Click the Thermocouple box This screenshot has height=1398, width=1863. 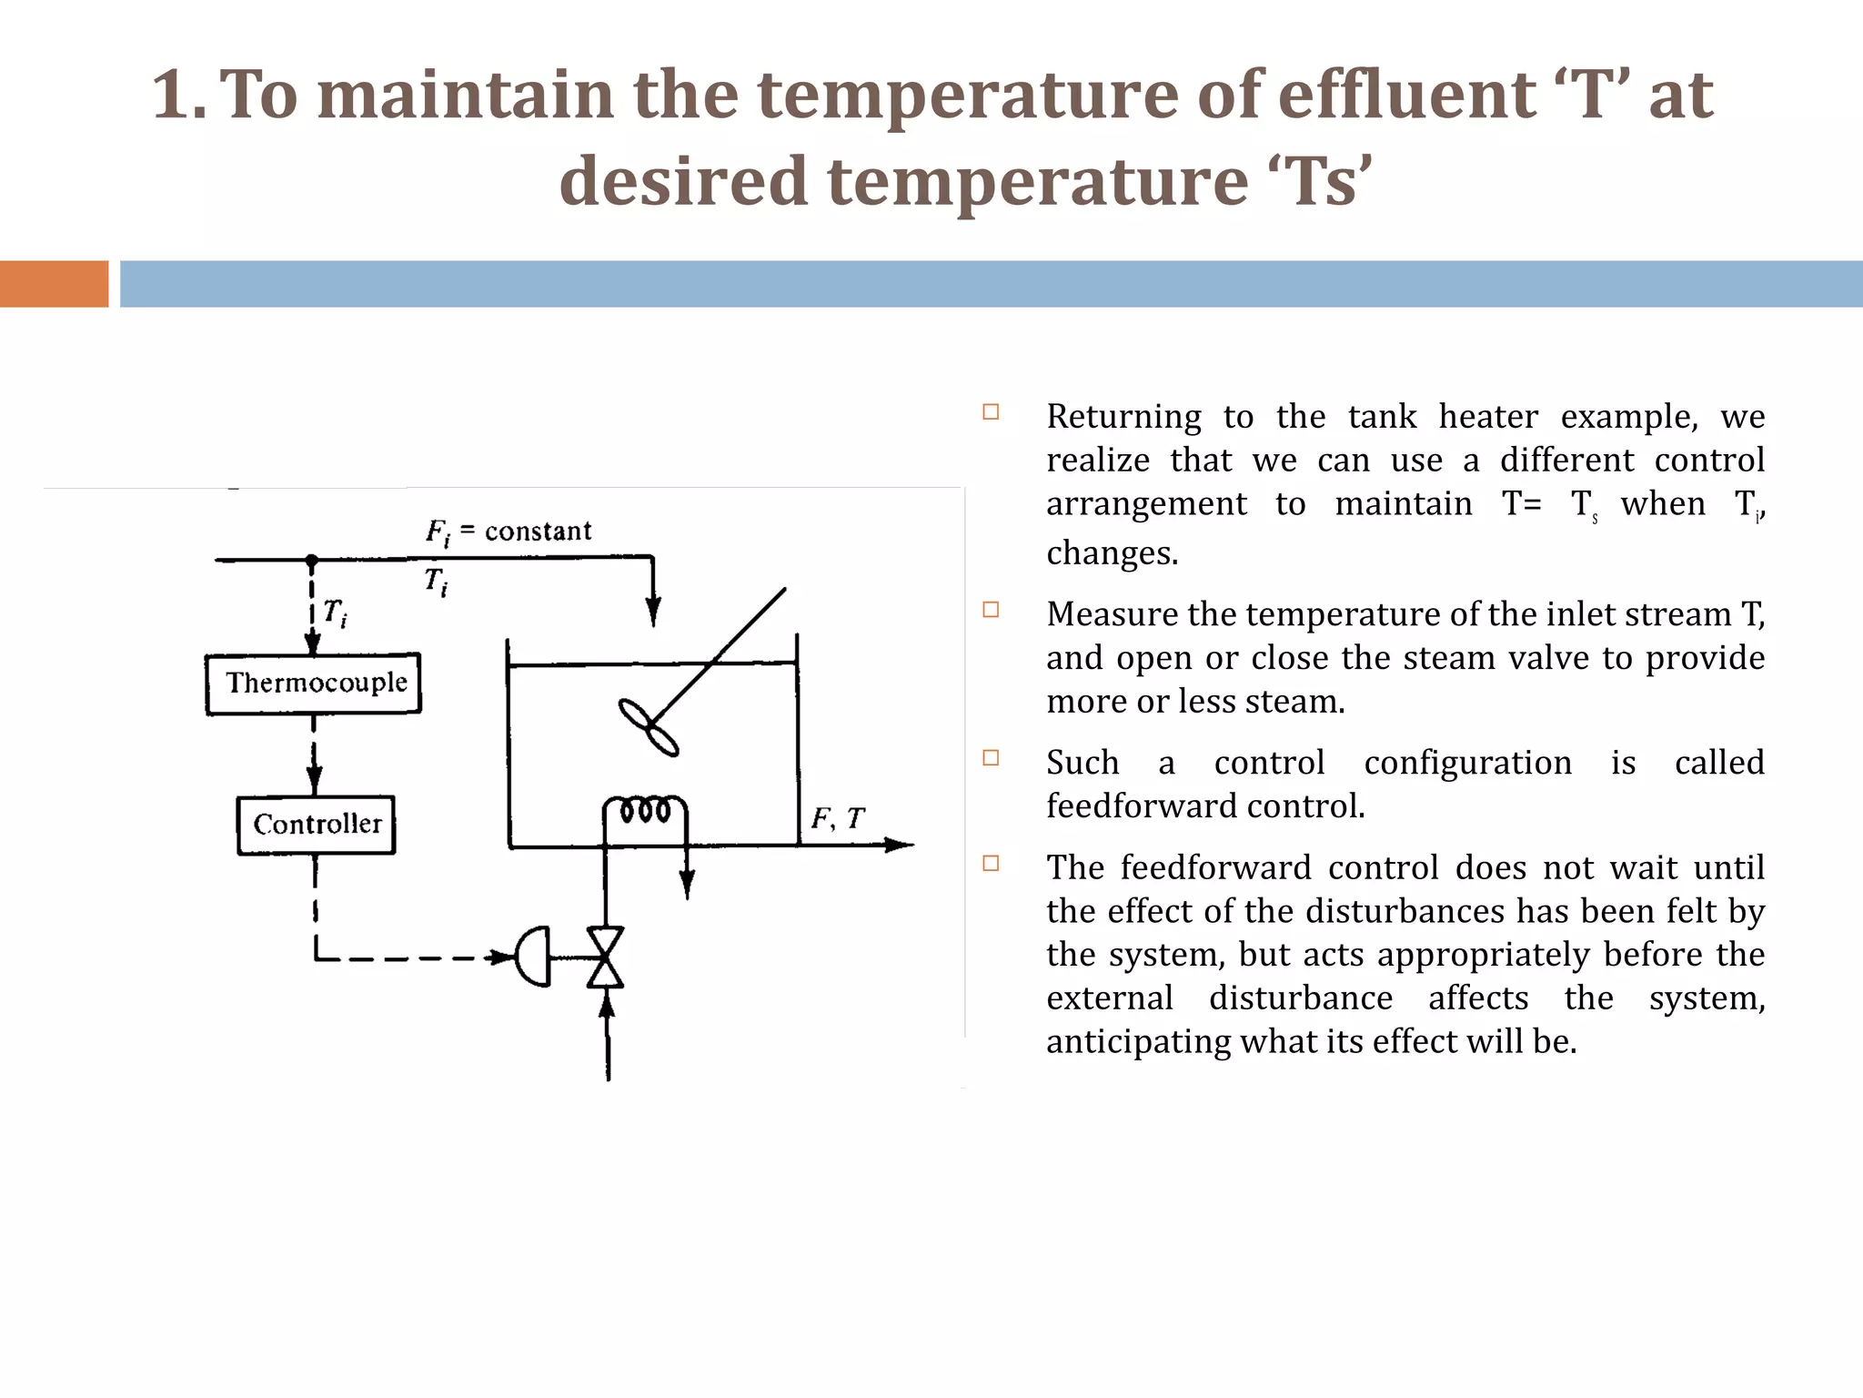pyautogui.click(x=314, y=684)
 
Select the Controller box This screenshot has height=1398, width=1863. pyautogui.click(x=317, y=825)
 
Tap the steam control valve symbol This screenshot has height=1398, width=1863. pyautogui.click(x=606, y=957)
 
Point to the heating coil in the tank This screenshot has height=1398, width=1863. pyautogui.click(x=646, y=809)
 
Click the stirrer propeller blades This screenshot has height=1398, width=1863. pyautogui.click(x=649, y=726)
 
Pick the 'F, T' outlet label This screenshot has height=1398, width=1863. pyautogui.click(x=838, y=819)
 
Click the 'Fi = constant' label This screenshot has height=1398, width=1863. pyautogui.click(x=509, y=532)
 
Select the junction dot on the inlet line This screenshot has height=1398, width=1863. pyautogui.click(x=312, y=560)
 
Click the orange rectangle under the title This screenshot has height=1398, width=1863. pyautogui.click(x=54, y=284)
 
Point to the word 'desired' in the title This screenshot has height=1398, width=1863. pyautogui.click(x=683, y=181)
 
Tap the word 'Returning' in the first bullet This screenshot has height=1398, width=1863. pyautogui.click(x=1124, y=417)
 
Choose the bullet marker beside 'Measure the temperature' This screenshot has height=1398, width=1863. pyautogui.click(x=991, y=610)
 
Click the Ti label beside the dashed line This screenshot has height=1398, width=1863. pyautogui.click(x=335, y=613)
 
